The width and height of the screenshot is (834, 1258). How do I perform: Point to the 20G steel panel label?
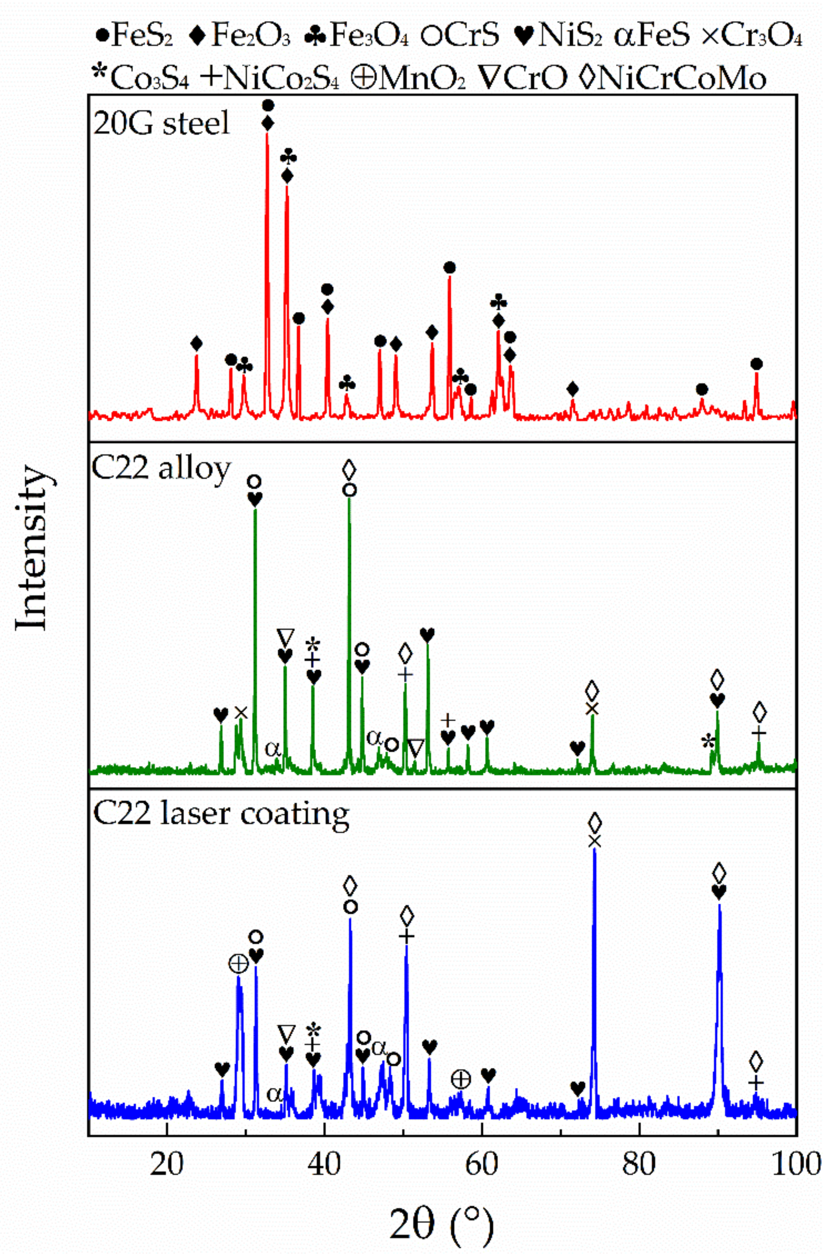point(162,124)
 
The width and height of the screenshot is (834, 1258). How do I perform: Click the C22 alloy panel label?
point(162,469)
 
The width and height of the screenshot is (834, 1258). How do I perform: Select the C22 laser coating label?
point(221,814)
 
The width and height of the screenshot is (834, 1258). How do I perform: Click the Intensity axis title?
point(32,548)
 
